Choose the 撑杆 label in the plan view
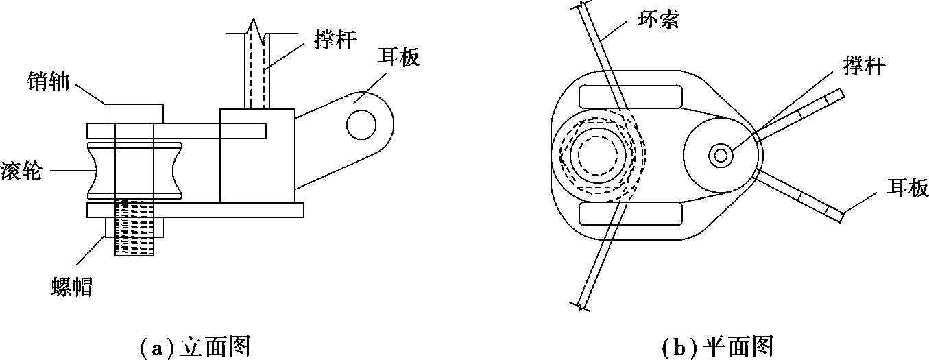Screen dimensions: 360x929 (865, 67)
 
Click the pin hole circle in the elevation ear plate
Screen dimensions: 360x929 (361, 123)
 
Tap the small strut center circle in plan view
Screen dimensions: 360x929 (721, 156)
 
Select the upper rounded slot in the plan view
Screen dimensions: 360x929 (630, 97)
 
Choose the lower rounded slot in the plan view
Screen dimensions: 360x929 (630, 214)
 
